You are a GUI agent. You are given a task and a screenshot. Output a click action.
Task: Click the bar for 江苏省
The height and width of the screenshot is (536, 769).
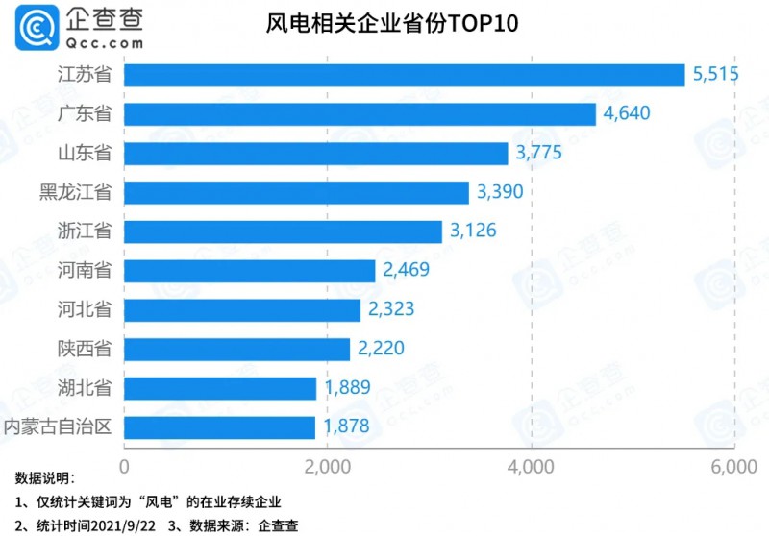(404, 75)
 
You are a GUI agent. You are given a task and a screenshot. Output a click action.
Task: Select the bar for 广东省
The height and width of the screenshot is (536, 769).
(360, 114)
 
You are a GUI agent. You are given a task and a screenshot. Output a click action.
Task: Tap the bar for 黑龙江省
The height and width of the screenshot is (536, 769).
(296, 192)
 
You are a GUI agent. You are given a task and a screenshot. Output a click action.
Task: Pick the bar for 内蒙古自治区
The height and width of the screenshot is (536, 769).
(219, 426)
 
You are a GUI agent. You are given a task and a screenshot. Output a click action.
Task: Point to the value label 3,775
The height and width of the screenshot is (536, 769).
(537, 154)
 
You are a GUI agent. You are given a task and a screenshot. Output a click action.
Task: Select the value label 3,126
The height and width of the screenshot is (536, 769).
(472, 231)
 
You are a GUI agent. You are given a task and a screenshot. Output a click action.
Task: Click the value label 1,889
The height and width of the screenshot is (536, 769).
(347, 388)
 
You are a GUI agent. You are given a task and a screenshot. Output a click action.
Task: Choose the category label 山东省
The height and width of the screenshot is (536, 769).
(84, 154)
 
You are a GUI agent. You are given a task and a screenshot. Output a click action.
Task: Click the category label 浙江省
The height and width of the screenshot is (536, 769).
(84, 231)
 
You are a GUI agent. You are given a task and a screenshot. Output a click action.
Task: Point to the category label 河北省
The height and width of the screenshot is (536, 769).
(84, 309)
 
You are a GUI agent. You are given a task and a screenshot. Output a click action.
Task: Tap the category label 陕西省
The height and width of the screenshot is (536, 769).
(84, 349)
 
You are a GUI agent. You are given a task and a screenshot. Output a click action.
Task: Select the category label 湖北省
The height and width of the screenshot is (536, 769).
(84, 388)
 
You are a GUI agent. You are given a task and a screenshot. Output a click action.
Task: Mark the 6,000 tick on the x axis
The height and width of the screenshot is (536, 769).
(734, 467)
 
